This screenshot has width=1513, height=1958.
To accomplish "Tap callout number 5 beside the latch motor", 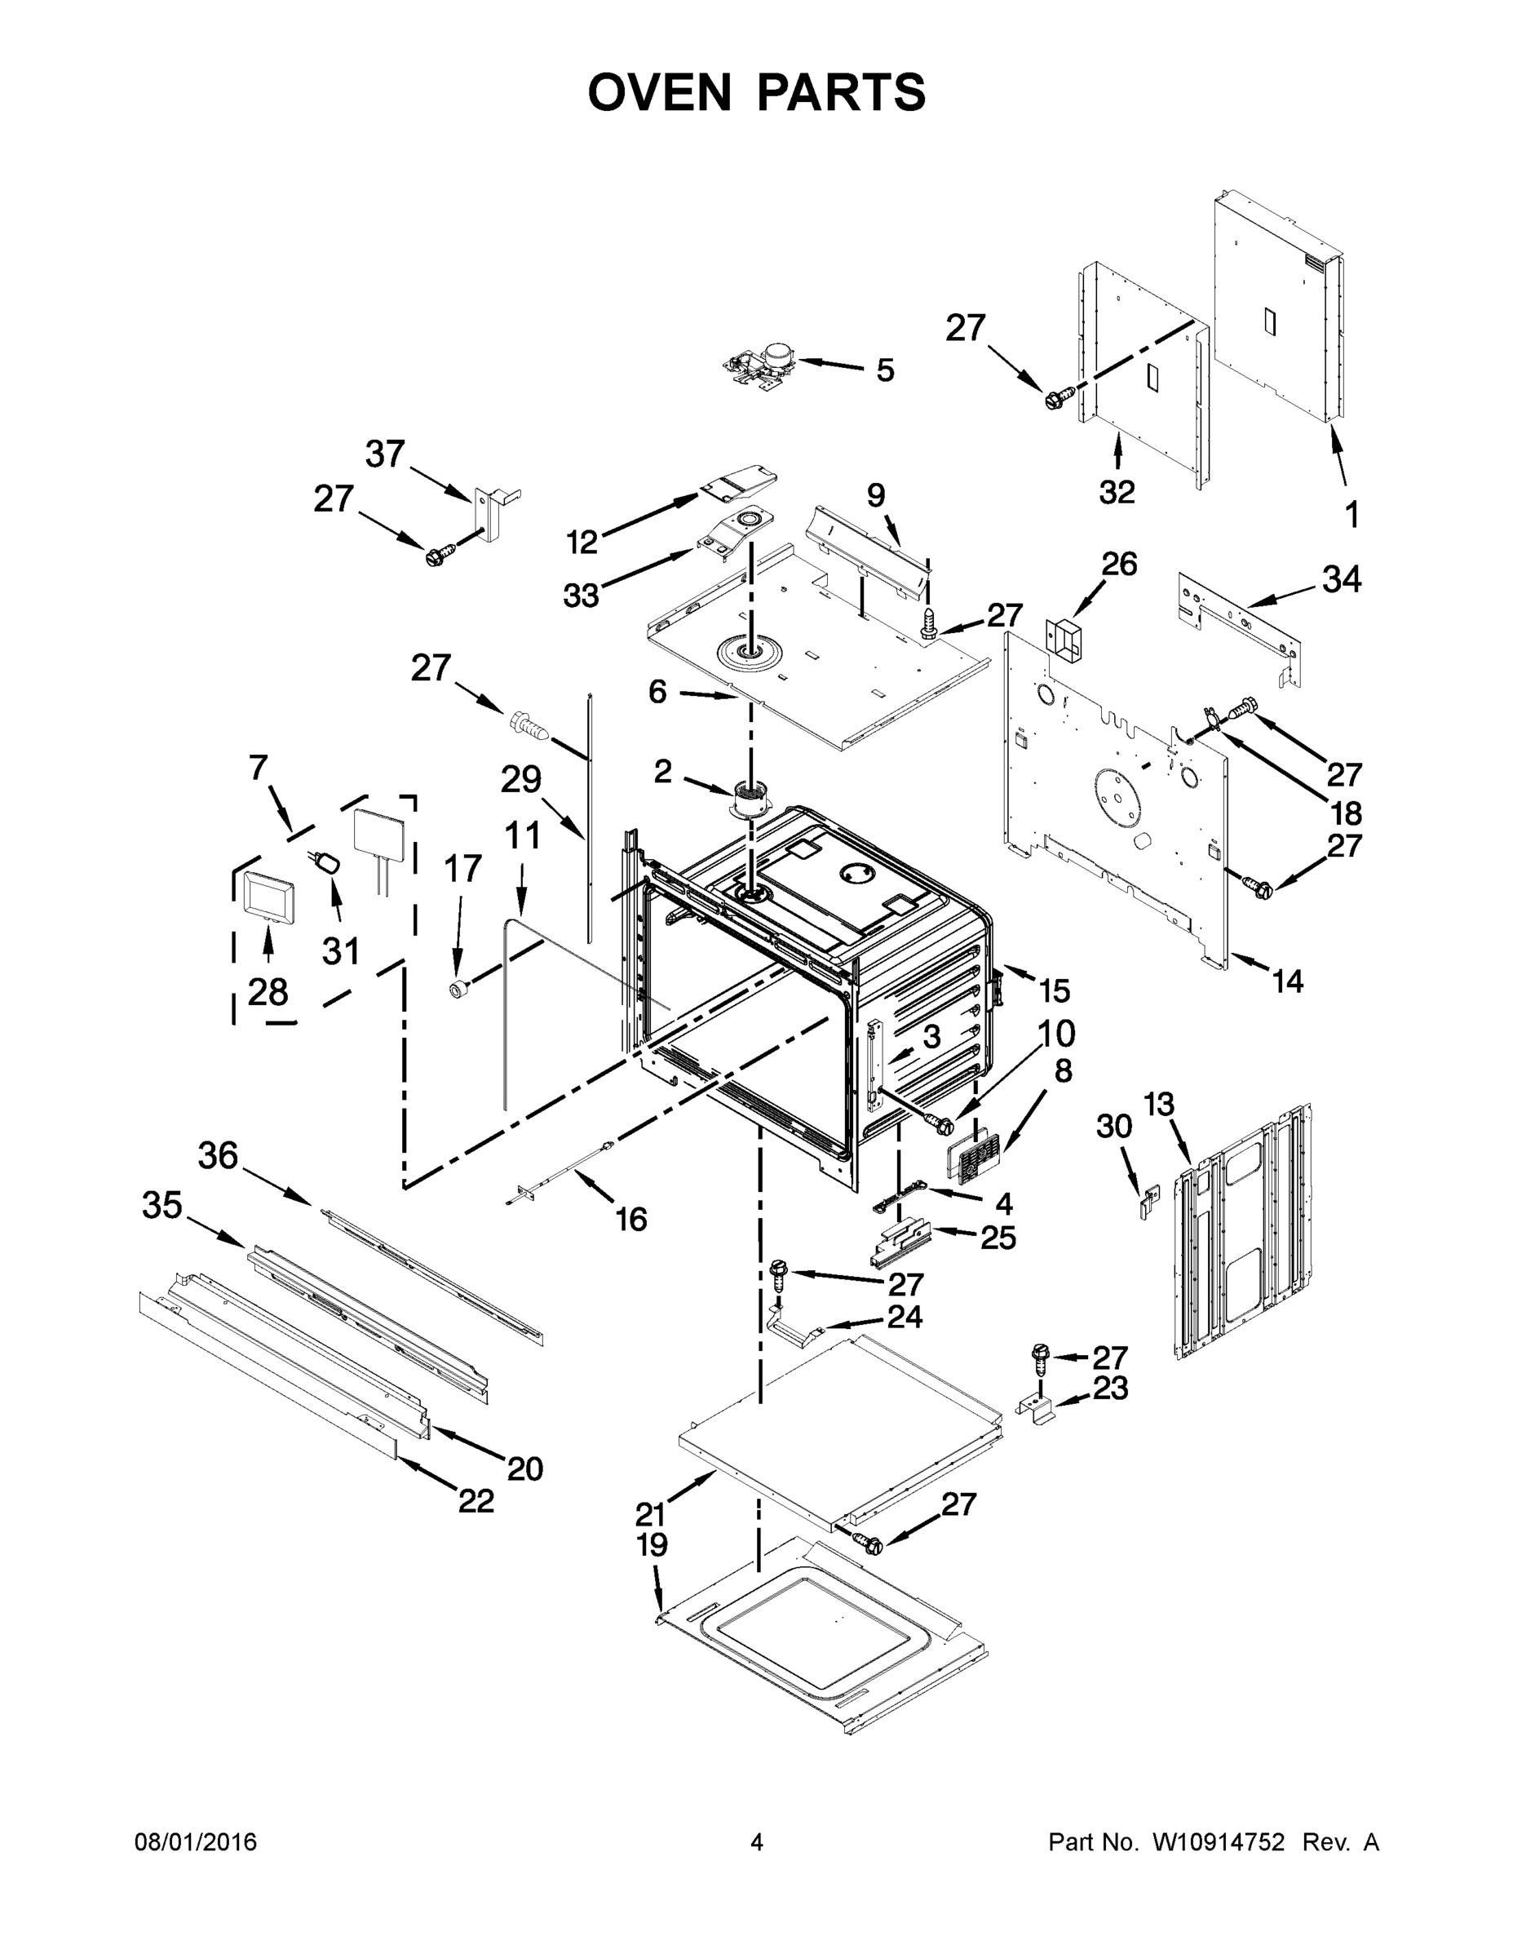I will click(x=885, y=370).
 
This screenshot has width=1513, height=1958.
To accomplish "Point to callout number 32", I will click(x=1117, y=491).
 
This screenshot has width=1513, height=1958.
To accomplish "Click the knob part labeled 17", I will click(x=460, y=989).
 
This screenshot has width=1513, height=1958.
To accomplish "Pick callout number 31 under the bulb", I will click(x=341, y=950).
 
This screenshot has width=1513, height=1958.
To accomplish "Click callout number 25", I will click(x=998, y=1238).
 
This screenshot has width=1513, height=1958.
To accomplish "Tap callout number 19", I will click(x=652, y=1544).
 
